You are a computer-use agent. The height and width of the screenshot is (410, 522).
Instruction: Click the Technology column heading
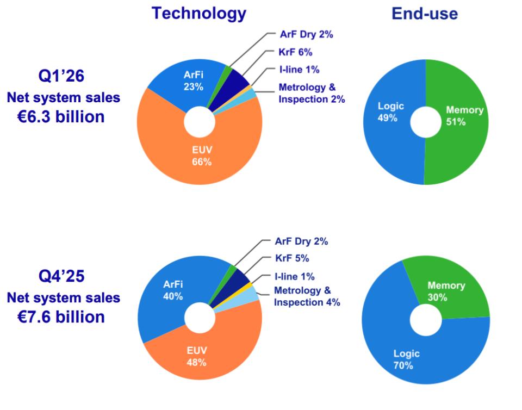point(198,14)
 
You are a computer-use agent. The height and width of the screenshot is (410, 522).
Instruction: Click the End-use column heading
point(424,14)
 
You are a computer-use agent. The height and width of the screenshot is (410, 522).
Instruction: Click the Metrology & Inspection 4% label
point(307,296)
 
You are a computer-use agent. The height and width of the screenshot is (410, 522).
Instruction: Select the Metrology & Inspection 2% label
point(311,93)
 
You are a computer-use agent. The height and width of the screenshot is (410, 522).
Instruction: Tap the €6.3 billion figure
point(60,116)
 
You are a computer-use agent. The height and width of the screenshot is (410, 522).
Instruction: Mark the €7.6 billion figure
point(60,316)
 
